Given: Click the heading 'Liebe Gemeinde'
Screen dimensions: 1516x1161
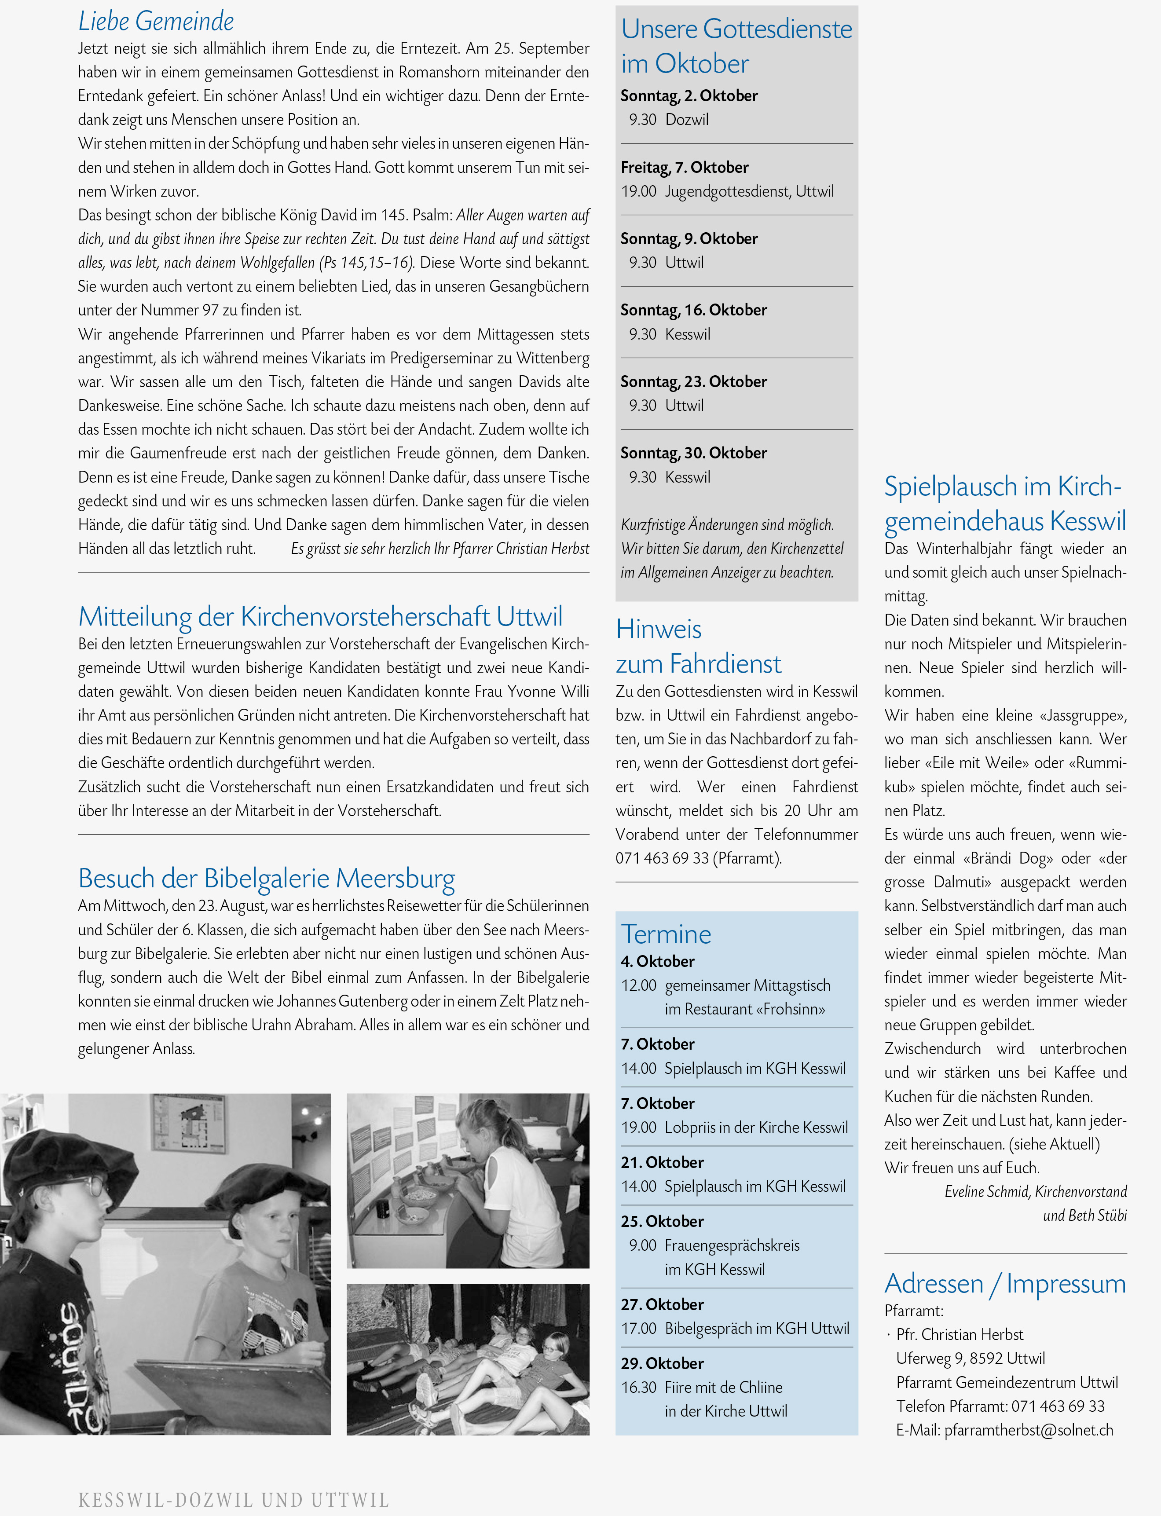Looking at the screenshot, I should pyautogui.click(x=156, y=22).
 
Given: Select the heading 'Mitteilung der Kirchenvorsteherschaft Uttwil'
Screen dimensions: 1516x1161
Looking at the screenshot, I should pyautogui.click(x=320, y=616).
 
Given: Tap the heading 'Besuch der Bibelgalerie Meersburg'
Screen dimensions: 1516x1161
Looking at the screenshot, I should pyautogui.click(x=266, y=878).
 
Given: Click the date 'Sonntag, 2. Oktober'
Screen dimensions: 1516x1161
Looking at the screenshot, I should pyautogui.click(x=689, y=95).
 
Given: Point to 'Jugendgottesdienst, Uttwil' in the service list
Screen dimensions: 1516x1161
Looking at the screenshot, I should pyautogui.click(x=749, y=191).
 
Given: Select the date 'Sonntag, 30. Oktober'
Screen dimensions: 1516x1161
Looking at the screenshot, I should pyautogui.click(x=693, y=453).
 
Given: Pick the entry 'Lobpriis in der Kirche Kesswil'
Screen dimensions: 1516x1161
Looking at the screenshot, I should pyautogui.click(x=756, y=1127).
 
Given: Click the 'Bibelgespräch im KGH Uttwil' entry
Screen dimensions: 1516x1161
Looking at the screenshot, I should pyautogui.click(x=757, y=1328).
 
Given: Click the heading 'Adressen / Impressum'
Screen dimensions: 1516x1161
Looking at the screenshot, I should pyautogui.click(x=1005, y=1283).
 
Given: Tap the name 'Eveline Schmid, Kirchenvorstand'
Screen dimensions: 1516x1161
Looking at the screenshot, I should pyautogui.click(x=1035, y=1191).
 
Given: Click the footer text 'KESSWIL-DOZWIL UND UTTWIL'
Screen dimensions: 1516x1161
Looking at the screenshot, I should pyautogui.click(x=234, y=1499).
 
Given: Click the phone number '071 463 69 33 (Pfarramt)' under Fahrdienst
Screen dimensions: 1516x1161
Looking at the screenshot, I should pyautogui.click(x=698, y=858).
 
